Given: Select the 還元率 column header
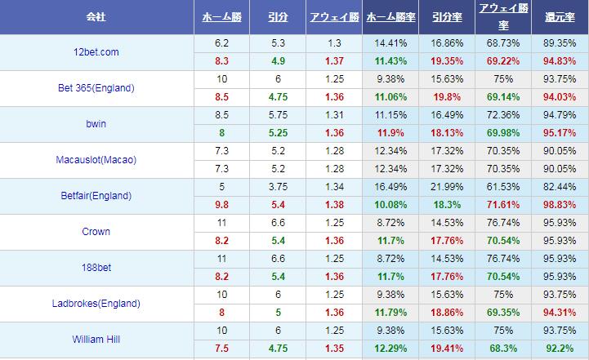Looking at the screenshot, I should click(560, 17).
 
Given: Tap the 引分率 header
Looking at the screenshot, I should click(444, 17).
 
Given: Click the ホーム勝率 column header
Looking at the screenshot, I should click(389, 17).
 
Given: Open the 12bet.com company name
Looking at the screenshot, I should click(96, 52).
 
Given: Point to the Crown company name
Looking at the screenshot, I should click(96, 232).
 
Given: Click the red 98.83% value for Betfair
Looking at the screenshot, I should click(560, 204).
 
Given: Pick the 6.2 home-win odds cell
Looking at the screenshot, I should click(221, 42).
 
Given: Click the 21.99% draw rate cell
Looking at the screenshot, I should click(444, 187).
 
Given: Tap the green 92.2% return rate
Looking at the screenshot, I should click(560, 348).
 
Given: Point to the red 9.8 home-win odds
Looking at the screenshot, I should click(221, 204).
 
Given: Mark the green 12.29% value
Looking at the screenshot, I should click(389, 348).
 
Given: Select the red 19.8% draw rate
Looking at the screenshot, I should click(444, 96).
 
